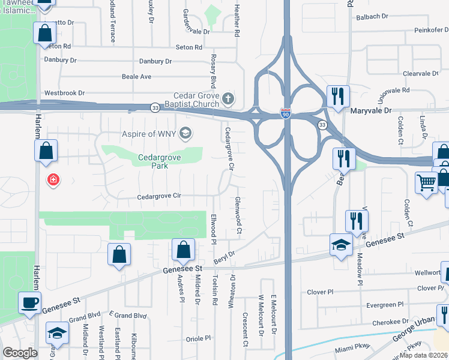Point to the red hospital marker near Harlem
pos(54,179)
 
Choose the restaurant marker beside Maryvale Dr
pos(338,96)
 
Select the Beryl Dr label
pos(223,258)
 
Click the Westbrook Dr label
pos(64,94)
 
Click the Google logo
pos(20,353)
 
